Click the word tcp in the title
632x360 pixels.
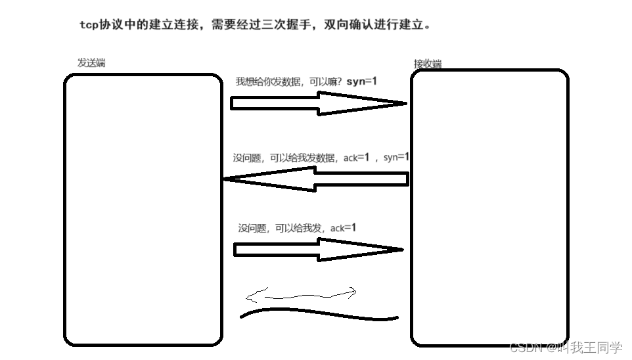click(89, 26)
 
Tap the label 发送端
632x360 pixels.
click(91, 63)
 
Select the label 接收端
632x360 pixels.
click(427, 64)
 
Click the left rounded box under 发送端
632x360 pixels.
click(143, 210)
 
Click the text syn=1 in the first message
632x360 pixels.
click(361, 81)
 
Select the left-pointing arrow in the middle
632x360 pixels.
click(315, 179)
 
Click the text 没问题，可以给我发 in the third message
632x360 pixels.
click(282, 229)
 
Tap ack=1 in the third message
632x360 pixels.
click(343, 228)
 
